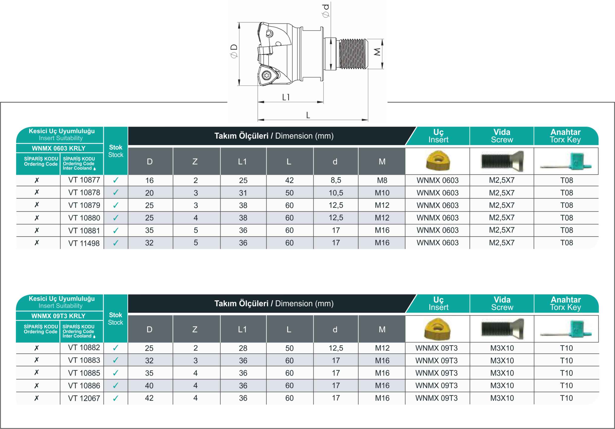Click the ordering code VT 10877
[x=84, y=180]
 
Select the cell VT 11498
[x=84, y=243]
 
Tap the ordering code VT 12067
[x=84, y=398]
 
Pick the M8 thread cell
[x=382, y=181]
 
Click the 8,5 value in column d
[x=336, y=180]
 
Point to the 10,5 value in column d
[x=336, y=193]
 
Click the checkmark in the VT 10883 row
[x=116, y=360]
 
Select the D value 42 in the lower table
[x=149, y=398]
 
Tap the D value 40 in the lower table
[x=149, y=386]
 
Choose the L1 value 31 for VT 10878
[x=243, y=193]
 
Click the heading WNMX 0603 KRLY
[x=59, y=148]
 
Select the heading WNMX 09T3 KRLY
[x=58, y=316]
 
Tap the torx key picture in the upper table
[x=566, y=161]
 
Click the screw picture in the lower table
[x=502, y=329]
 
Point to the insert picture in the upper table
[x=438, y=161]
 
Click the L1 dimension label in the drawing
[x=286, y=97]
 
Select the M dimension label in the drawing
[x=377, y=52]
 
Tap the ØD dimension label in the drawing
[x=234, y=51]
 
